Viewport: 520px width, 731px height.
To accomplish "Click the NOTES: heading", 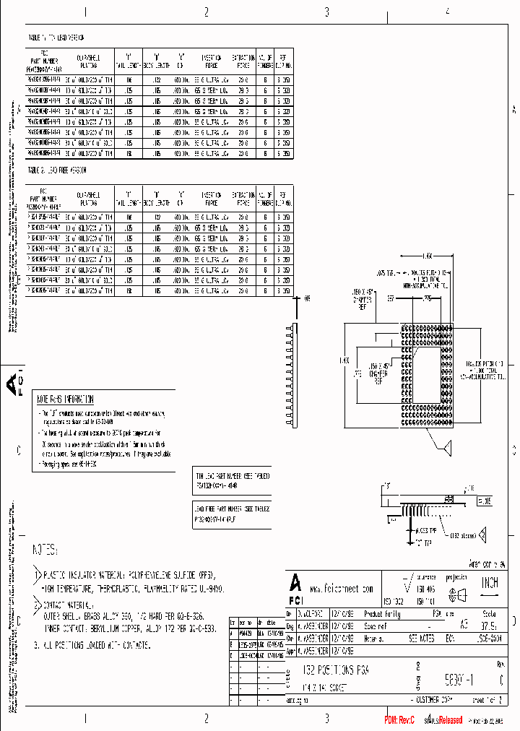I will coord(45,550).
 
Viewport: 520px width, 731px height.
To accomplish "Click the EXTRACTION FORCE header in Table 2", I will coord(243,199).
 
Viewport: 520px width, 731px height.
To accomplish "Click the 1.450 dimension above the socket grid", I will coord(427,255).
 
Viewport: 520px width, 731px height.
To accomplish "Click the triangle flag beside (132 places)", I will coord(482,535).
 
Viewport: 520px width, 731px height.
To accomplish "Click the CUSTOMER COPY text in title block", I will coord(431,701).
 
